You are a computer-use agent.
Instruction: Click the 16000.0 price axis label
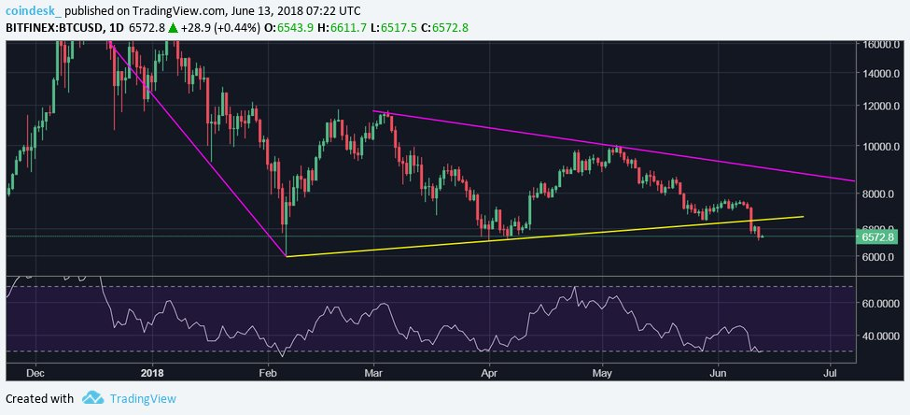point(882,44)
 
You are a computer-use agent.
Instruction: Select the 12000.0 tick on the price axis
point(882,107)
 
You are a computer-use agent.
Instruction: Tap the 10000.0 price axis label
point(882,147)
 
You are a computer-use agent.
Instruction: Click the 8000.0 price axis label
point(882,194)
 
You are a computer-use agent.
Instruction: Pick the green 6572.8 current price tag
point(880,237)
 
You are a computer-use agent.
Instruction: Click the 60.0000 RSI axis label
point(884,304)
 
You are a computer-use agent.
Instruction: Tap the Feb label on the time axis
point(268,371)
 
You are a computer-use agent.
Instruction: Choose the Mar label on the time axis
point(373,371)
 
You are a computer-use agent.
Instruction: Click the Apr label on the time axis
point(490,371)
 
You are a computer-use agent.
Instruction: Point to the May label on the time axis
point(602,371)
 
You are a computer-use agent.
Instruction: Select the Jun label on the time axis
point(719,371)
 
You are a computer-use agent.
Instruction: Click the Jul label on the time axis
point(830,371)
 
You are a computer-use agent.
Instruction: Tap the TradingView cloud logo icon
point(92,398)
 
